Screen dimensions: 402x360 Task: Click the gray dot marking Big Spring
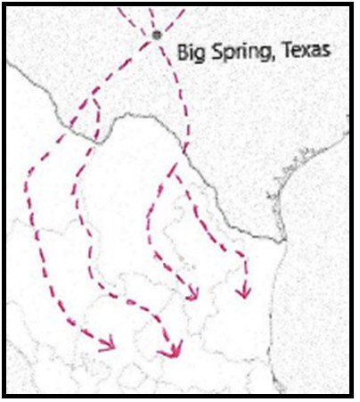point(158,35)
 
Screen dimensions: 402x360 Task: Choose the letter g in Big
point(200,53)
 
